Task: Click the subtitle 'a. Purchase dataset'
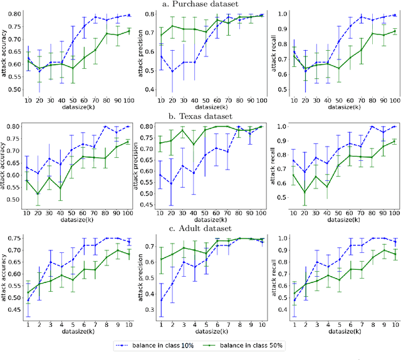(x=200, y=4)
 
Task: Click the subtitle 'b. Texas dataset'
(x=200, y=116)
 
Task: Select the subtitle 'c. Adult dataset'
(x=200, y=229)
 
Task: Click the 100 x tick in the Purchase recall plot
(x=392, y=102)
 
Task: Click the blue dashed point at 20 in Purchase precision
(x=172, y=71)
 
